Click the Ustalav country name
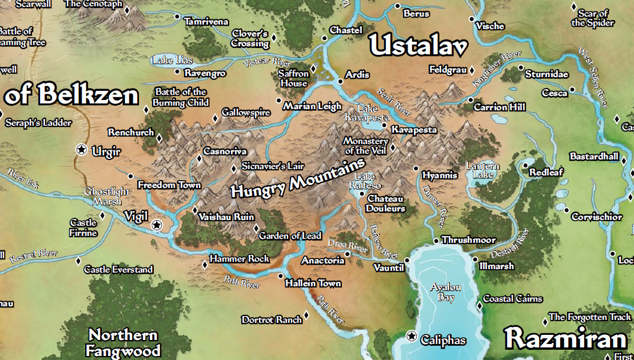click(x=418, y=46)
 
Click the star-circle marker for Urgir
click(x=82, y=150)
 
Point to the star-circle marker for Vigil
click(x=156, y=225)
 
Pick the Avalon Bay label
click(x=445, y=292)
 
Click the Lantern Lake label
click(x=483, y=170)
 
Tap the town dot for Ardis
click(x=341, y=81)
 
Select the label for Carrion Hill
click(x=499, y=107)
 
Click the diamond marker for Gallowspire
click(x=216, y=118)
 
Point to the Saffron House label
click(x=294, y=78)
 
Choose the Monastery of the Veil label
click(x=365, y=146)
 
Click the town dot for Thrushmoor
click(x=436, y=241)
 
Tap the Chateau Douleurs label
click(x=385, y=203)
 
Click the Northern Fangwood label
click(x=123, y=342)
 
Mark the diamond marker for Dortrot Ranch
click(x=306, y=315)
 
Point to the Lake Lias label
click(x=173, y=60)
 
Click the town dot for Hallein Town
click(x=280, y=277)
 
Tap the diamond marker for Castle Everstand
click(x=78, y=261)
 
